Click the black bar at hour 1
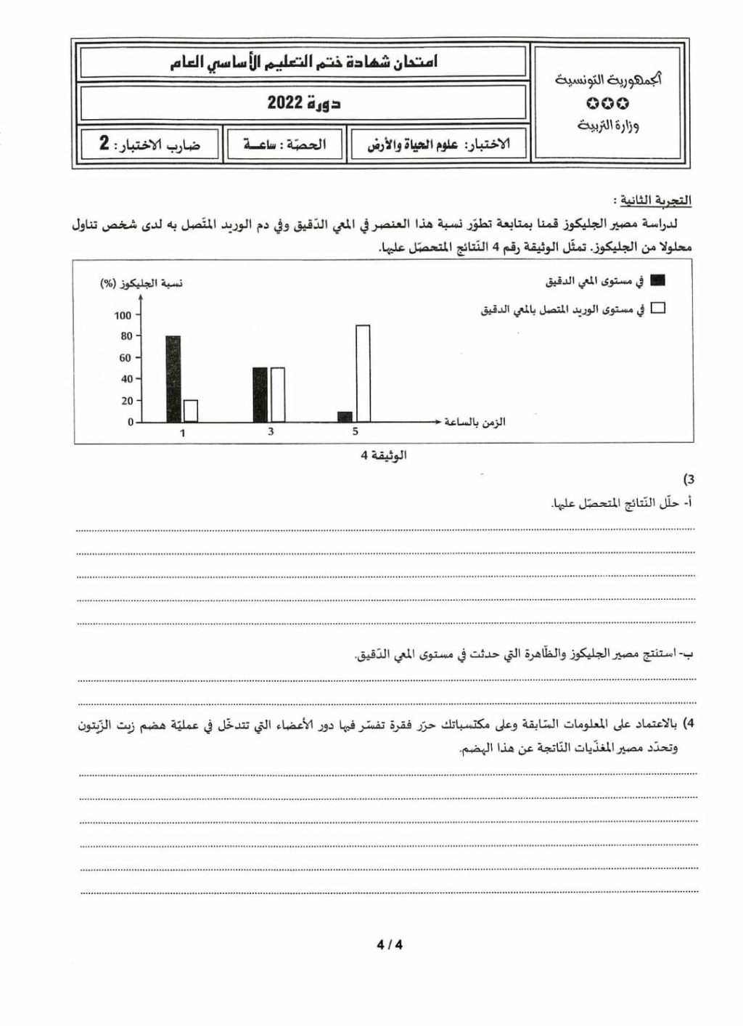click(x=173, y=378)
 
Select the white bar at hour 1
click(x=191, y=411)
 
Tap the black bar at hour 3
click(x=260, y=394)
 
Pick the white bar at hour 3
click(x=277, y=394)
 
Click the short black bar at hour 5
click(x=345, y=417)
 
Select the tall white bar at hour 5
click(x=363, y=373)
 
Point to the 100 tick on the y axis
click(x=123, y=315)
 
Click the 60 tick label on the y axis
click(x=126, y=357)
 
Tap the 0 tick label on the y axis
click(x=131, y=422)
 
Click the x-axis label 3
click(x=271, y=432)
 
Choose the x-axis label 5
click(x=356, y=432)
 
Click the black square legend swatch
click(x=658, y=280)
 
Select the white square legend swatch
click(x=658, y=308)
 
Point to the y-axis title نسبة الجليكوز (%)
click(x=141, y=283)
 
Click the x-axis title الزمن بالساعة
click(x=475, y=422)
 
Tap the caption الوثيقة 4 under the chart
click(x=384, y=455)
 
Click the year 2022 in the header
click(x=285, y=102)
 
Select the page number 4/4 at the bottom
click(x=390, y=945)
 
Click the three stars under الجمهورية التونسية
click(x=608, y=104)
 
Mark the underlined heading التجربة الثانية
click(x=652, y=200)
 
